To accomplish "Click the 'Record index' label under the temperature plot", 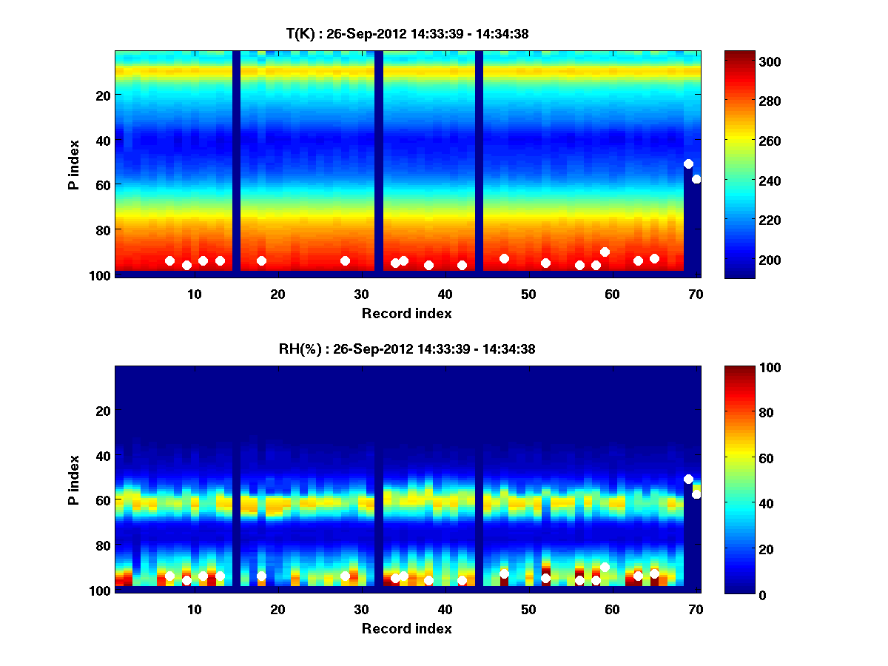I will [x=407, y=313].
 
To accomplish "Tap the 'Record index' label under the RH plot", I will [x=407, y=628].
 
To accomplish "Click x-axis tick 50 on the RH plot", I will [x=528, y=609].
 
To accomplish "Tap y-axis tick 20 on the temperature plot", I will [x=102, y=95].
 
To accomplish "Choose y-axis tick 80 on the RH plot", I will [x=102, y=545].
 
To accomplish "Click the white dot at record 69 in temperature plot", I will [x=688, y=164].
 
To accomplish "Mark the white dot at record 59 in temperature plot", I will [x=605, y=252].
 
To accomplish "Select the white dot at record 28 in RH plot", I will [x=345, y=576].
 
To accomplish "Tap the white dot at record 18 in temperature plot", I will [x=261, y=260].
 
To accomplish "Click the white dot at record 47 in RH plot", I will [x=504, y=573].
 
